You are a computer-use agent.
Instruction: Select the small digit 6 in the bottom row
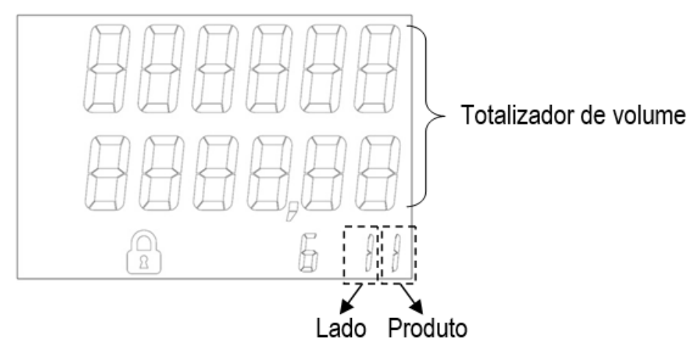pyautogui.click(x=308, y=253)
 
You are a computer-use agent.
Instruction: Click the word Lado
pyautogui.click(x=341, y=328)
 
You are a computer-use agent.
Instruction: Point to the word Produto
pyautogui.click(x=428, y=328)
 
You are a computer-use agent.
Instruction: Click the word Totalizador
pyautogui.click(x=516, y=115)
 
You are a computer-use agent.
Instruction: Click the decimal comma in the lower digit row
pyautogui.click(x=292, y=212)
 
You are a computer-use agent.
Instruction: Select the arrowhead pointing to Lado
pyautogui.click(x=347, y=306)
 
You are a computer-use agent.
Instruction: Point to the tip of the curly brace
pyautogui.click(x=444, y=116)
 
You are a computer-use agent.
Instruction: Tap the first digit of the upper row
pyautogui.click(x=107, y=68)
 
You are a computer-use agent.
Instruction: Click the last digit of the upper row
pyautogui.click(x=378, y=68)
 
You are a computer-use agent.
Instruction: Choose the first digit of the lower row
pyautogui.click(x=107, y=173)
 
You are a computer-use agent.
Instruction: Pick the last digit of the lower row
pyautogui.click(x=378, y=173)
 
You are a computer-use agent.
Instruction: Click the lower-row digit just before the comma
pyautogui.click(x=269, y=173)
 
